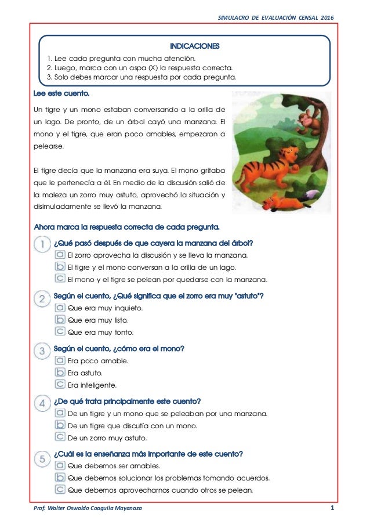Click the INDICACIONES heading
(x=186, y=45)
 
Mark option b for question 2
(x=60, y=320)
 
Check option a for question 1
(x=60, y=255)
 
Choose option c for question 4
(x=60, y=437)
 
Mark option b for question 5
(x=60, y=478)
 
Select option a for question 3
(x=60, y=360)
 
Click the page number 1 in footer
(x=332, y=508)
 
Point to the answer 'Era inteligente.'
(x=92, y=385)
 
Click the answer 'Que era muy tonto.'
(x=100, y=333)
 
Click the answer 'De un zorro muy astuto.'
(x=107, y=438)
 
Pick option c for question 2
(x=60, y=332)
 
